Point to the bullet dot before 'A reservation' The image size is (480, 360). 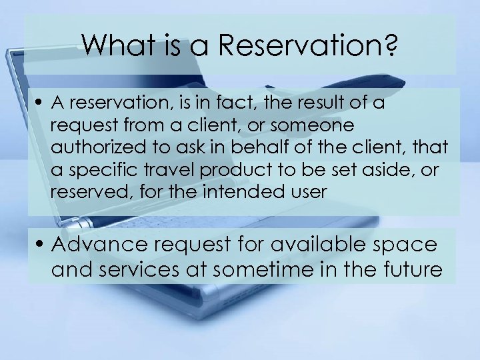(41, 105)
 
